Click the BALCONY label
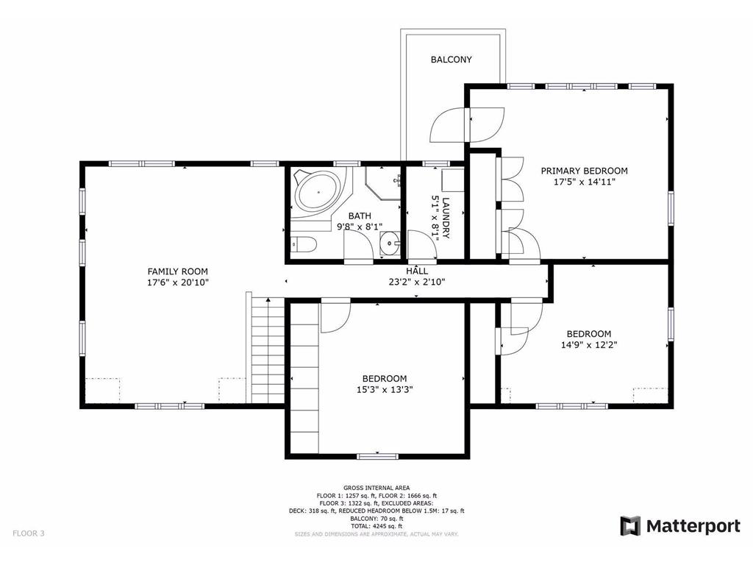451,60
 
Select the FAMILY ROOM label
177,271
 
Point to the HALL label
417,271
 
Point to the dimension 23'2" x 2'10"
417,282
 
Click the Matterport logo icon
630,526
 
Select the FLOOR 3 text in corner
28,533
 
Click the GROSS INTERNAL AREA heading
376,488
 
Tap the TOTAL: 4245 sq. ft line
376,526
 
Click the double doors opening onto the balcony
467,124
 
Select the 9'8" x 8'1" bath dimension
360,227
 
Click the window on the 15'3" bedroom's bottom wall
377,456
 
